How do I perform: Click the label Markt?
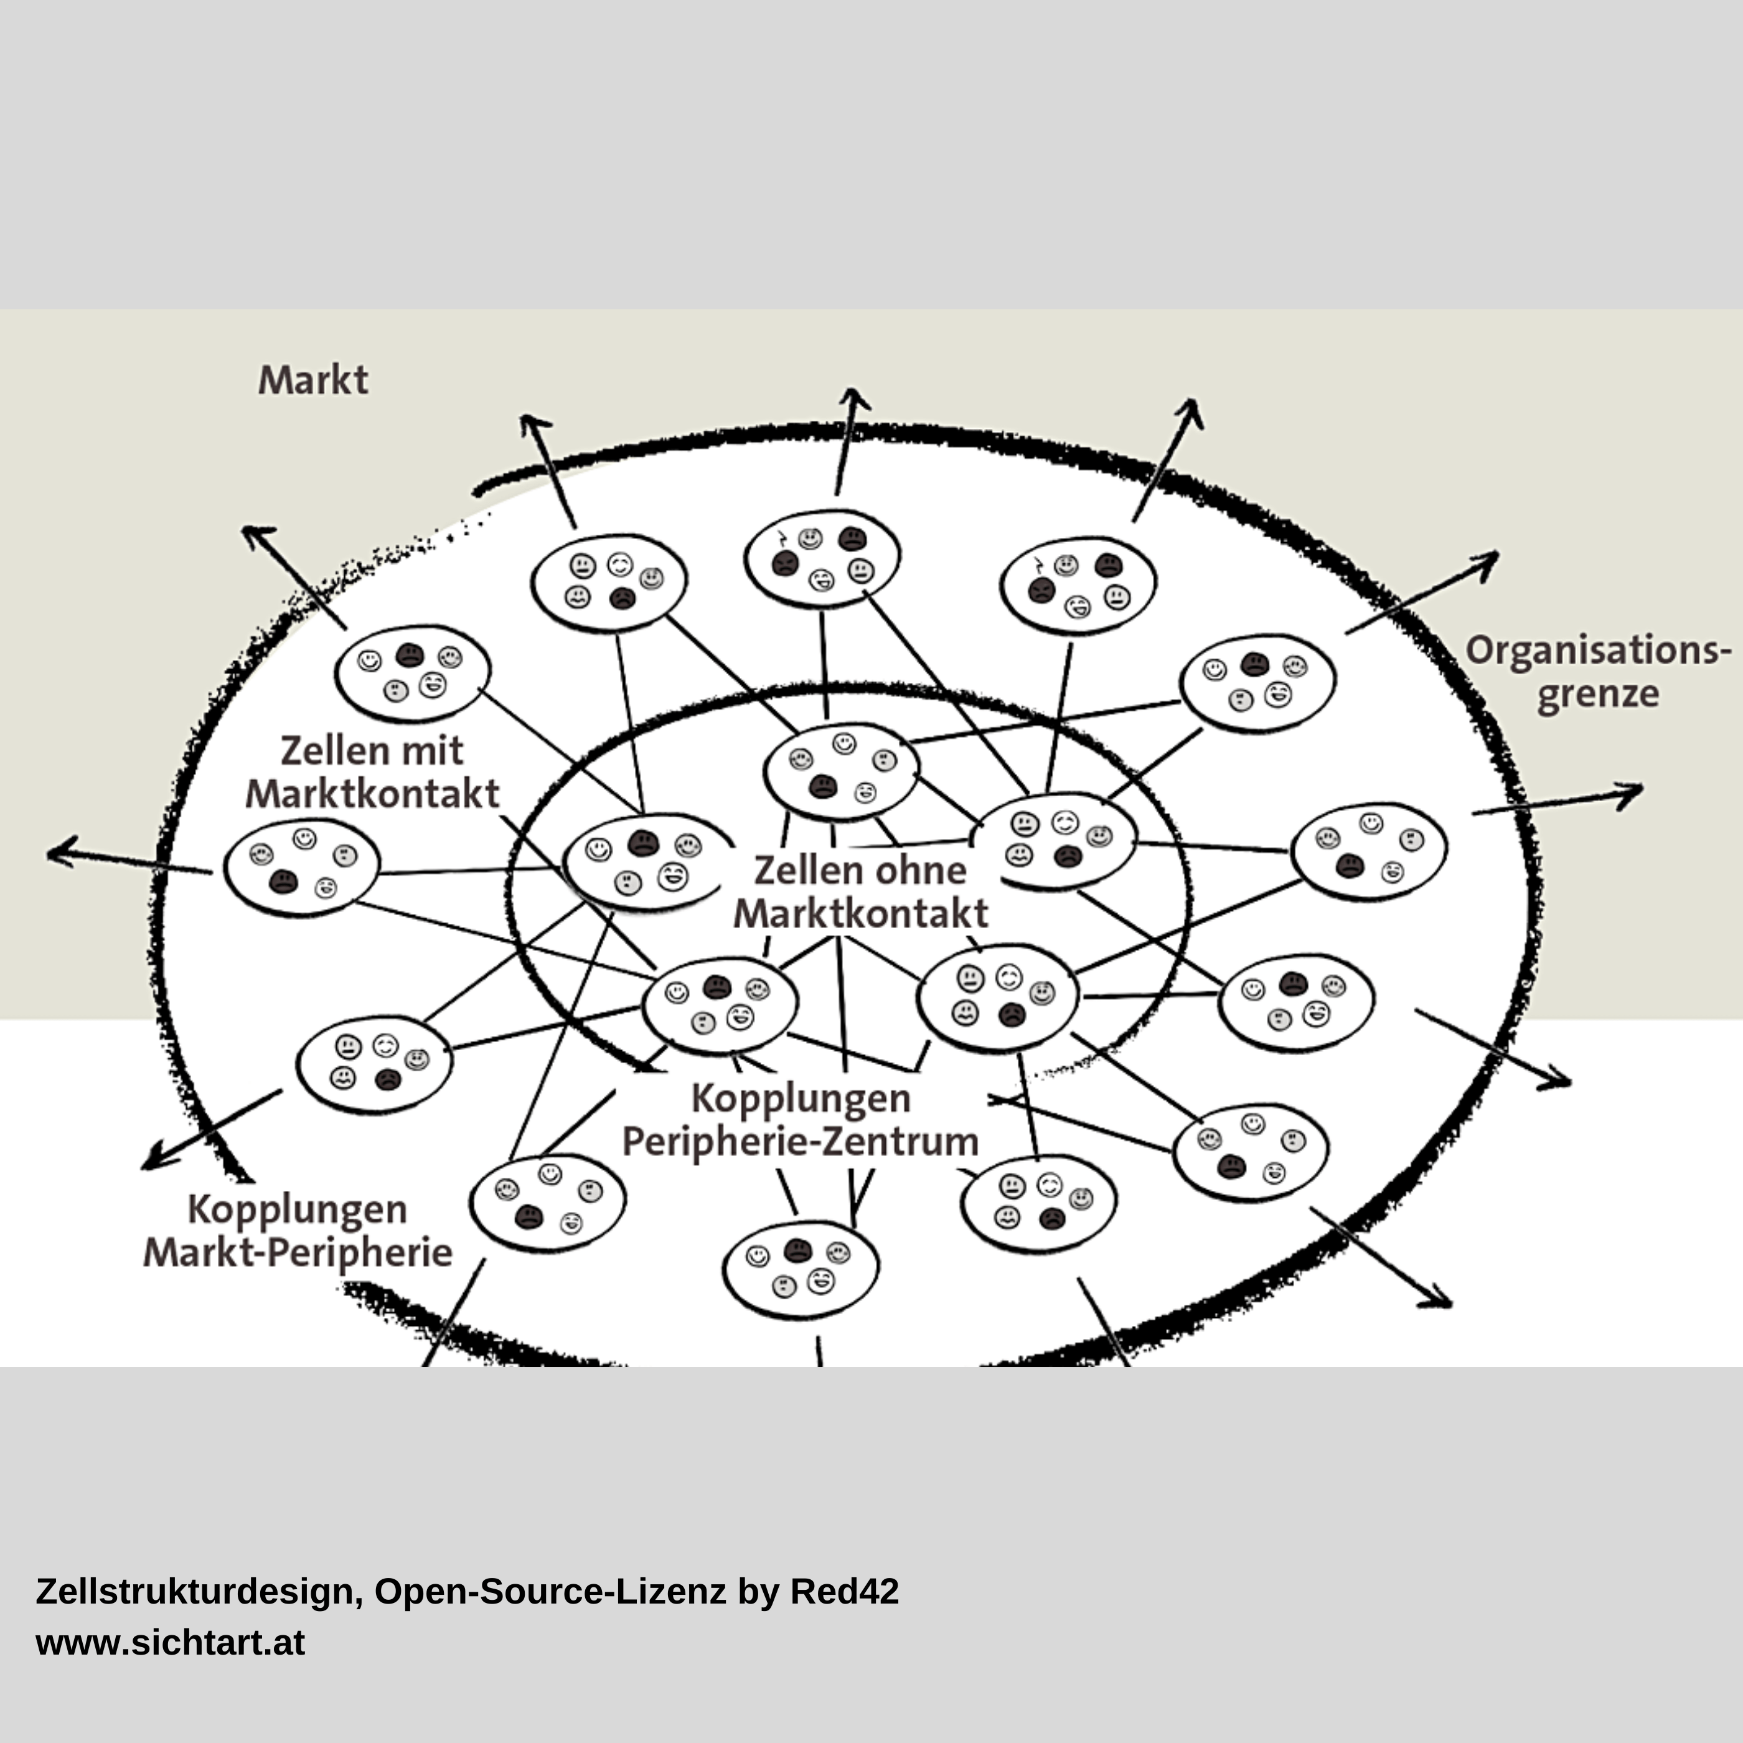(x=313, y=380)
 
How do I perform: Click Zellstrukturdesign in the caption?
(x=199, y=1592)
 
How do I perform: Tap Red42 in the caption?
(x=845, y=1592)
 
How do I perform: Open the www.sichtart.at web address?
(x=171, y=1643)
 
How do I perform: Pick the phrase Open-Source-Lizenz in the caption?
(x=550, y=1592)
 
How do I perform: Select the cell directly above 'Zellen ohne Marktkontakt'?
(x=842, y=771)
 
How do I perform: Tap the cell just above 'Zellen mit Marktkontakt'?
(x=412, y=672)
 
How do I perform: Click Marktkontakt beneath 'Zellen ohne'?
(x=861, y=914)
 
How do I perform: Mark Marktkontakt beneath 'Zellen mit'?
(x=373, y=794)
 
